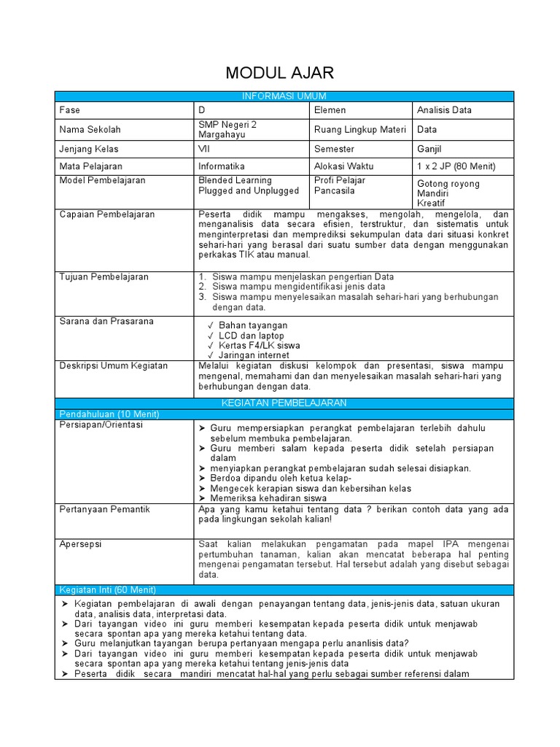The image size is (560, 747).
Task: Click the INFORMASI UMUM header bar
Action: tap(284, 96)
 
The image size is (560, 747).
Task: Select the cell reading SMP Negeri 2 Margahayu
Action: tap(228, 129)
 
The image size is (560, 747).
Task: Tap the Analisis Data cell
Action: tap(444, 110)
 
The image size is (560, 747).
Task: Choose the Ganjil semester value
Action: tap(429, 148)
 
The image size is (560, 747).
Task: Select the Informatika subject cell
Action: tap(222, 166)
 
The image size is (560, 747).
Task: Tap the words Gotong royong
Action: tap(448, 184)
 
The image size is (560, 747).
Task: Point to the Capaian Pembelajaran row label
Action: tap(106, 214)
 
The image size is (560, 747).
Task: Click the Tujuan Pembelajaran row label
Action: tap(104, 276)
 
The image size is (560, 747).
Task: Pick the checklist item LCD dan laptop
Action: tap(251, 336)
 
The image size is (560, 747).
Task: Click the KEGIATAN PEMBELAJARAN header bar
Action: tap(284, 403)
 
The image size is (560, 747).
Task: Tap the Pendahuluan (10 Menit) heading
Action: tap(109, 414)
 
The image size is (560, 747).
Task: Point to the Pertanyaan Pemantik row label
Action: tap(104, 509)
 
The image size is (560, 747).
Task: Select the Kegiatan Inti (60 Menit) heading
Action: tap(107, 589)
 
